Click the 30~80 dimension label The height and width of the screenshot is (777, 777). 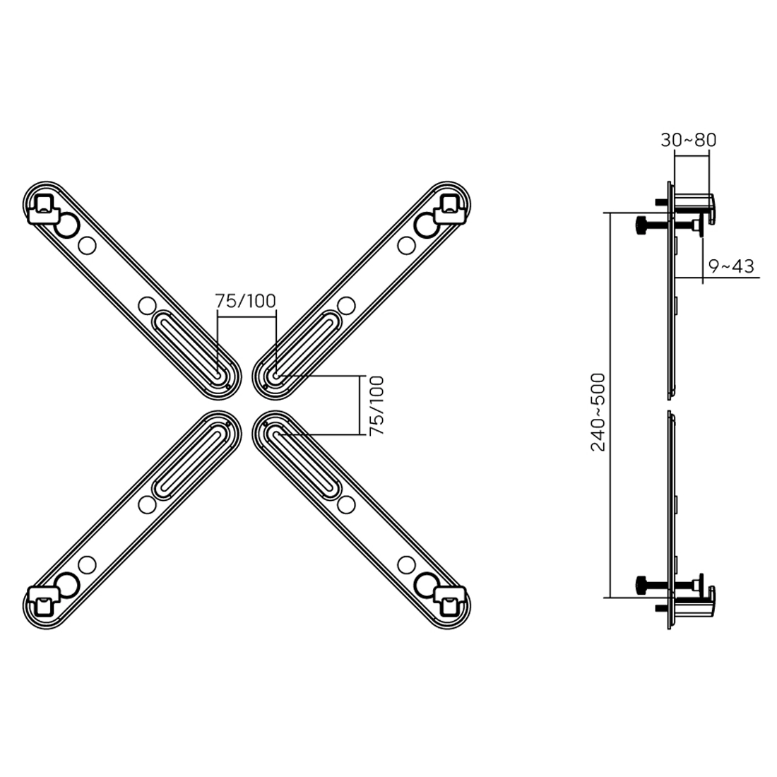pyautogui.click(x=688, y=141)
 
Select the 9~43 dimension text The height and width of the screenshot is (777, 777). pyautogui.click(x=731, y=266)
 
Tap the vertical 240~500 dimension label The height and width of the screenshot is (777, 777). pyautogui.click(x=598, y=413)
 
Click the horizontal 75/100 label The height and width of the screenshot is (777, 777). pyautogui.click(x=245, y=301)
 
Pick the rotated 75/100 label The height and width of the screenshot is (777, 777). pyautogui.click(x=377, y=406)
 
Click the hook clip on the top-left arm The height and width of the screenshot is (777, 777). pyautogui.click(x=43, y=209)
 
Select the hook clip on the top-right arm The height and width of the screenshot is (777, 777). pyautogui.click(x=450, y=209)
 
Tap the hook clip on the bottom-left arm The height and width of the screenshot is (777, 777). pyautogui.click(x=43, y=601)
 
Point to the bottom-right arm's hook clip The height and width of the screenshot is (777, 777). pyautogui.click(x=450, y=601)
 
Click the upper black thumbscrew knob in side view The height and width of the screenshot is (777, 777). pyautogui.click(x=640, y=226)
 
